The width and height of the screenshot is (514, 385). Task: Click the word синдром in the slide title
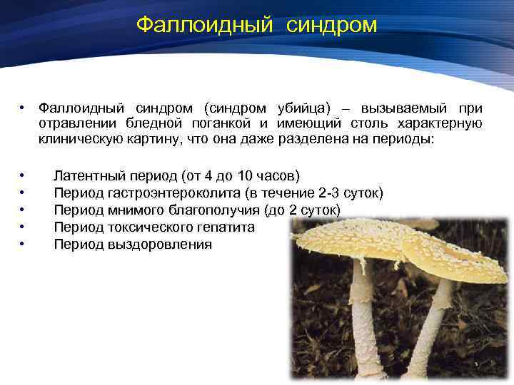tap(332, 25)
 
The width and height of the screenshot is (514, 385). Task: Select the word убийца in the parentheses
tap(302, 108)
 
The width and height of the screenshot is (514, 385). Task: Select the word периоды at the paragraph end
tap(403, 140)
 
